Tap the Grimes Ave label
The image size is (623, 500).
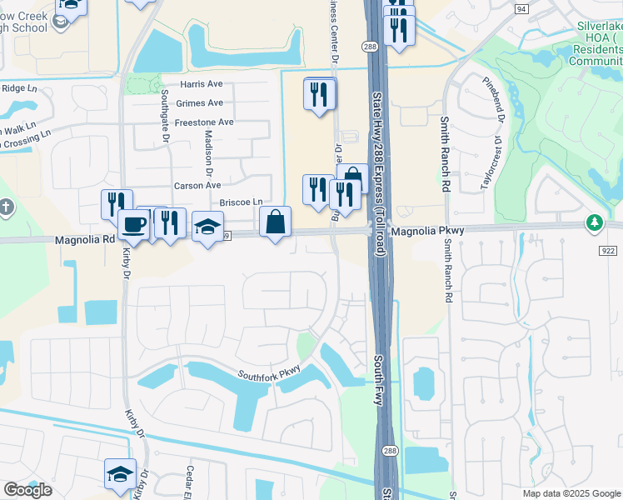[200, 103]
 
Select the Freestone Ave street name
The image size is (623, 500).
[204, 122]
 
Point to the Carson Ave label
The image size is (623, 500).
[197, 186]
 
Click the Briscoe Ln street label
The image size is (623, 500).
[241, 202]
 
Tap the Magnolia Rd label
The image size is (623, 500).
[84, 240]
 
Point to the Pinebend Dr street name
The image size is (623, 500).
[495, 99]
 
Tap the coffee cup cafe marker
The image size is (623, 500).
[133, 224]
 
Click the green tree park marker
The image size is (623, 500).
[594, 222]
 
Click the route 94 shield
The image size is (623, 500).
[521, 8]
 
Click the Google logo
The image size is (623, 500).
[27, 490]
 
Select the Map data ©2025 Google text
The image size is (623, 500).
[571, 493]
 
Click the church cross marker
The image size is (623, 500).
[6, 207]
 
